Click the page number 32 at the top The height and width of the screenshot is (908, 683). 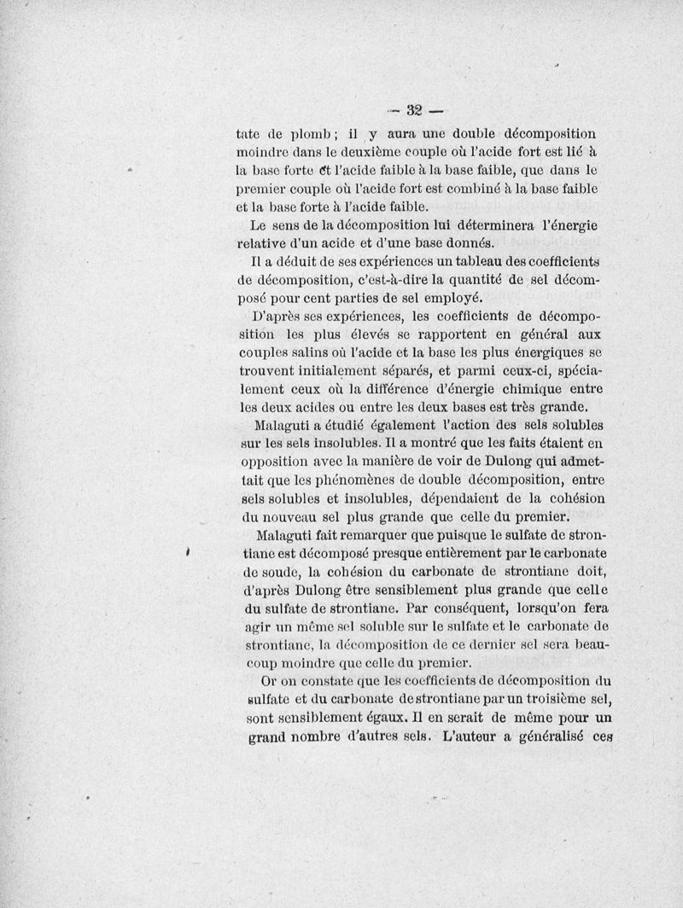416,109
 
